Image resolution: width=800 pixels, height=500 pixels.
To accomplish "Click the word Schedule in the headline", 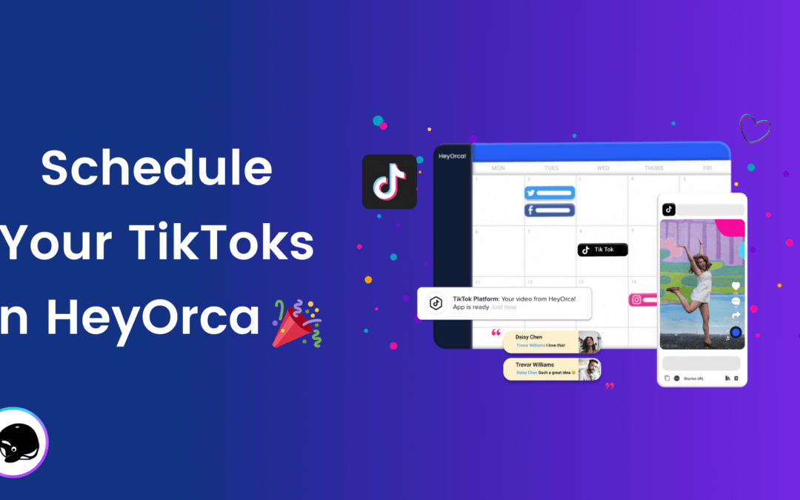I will click(156, 169).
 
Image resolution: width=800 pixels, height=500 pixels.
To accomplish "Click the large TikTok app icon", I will click(390, 181).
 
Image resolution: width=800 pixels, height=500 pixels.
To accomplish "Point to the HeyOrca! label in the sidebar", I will click(452, 156).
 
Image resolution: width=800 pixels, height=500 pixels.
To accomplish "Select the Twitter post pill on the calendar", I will click(550, 193).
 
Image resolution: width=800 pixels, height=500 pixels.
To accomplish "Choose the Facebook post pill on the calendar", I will click(550, 210).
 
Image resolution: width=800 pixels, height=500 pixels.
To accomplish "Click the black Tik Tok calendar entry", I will click(602, 250).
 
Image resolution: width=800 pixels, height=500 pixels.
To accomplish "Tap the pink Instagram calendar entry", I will click(643, 300).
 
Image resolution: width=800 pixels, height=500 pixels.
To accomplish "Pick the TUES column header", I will click(551, 168).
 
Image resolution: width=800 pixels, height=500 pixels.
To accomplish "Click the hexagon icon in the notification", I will click(435, 303).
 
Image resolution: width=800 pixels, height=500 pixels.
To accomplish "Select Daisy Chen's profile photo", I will click(589, 343).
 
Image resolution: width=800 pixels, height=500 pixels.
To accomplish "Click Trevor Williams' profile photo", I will click(589, 370).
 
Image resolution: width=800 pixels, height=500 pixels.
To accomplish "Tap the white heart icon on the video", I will click(736, 286).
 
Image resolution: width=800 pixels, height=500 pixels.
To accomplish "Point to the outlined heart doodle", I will click(755, 128).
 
